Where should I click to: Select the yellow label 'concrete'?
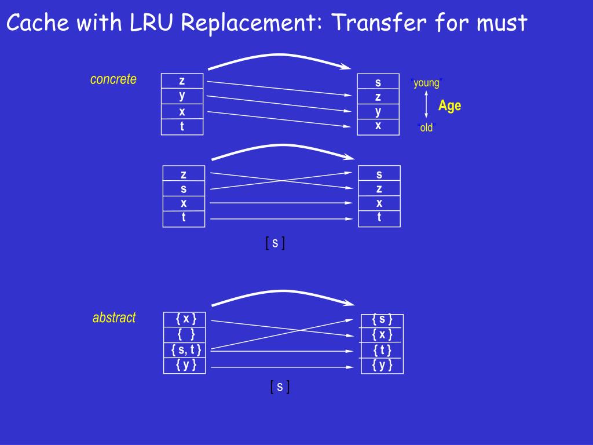tap(114, 79)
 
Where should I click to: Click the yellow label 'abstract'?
tap(114, 318)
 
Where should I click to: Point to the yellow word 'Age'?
tap(450, 105)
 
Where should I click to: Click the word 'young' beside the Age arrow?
tap(427, 83)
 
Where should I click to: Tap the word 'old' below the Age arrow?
tap(426, 128)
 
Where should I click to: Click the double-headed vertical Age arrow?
tap(426, 105)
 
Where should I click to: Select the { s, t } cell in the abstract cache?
tap(186, 350)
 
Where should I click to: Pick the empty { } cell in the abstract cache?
tap(186, 334)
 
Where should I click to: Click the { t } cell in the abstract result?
tap(382, 350)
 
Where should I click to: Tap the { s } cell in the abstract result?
tap(382, 319)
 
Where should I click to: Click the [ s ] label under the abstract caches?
tap(280, 387)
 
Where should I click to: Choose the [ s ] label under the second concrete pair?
tap(275, 243)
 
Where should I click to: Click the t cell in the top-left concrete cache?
tap(182, 127)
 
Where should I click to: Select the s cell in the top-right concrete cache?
tap(378, 82)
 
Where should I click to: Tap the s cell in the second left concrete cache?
tap(184, 189)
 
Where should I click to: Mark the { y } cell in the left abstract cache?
tap(186, 365)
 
